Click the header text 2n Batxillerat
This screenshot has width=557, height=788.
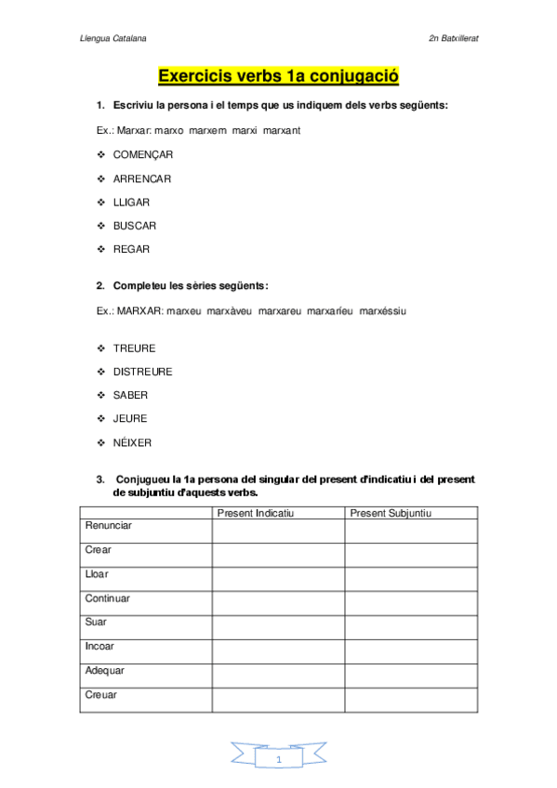pos(453,39)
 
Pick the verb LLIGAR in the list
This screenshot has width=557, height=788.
pos(131,202)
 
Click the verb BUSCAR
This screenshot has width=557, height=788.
pos(134,226)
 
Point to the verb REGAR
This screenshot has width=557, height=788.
pos(131,249)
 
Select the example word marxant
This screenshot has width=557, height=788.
pos(281,130)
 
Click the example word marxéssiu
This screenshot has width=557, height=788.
pos(382,310)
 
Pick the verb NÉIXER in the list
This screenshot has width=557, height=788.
pos(132,442)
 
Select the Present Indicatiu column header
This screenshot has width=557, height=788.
pos(255,513)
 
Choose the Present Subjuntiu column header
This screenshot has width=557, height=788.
pos(391,513)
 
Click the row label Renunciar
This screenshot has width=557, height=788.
pos(109,526)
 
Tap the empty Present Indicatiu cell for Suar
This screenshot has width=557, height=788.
pos(278,626)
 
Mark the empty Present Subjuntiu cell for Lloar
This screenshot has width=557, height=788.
pos(411,578)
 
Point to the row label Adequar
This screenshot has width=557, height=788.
pos(105,670)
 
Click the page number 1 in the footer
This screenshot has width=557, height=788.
pos(278,760)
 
